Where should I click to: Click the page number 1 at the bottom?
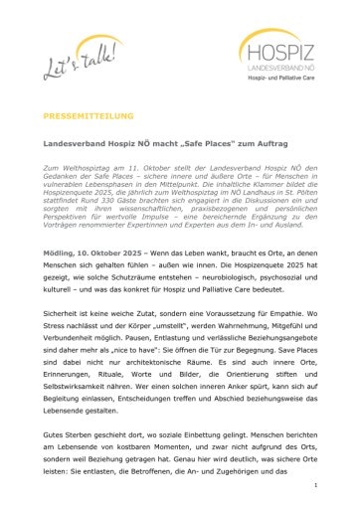click(x=315, y=484)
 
